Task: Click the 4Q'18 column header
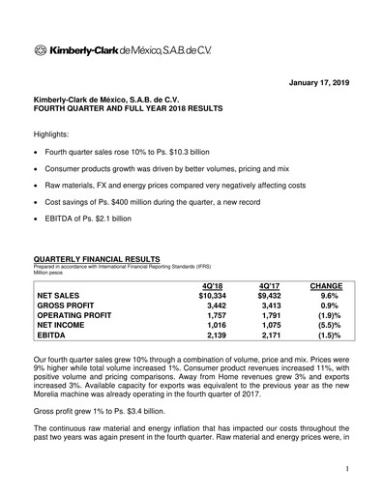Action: pyautogui.click(x=210, y=286)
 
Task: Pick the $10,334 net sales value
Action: pyautogui.click(x=210, y=300)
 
